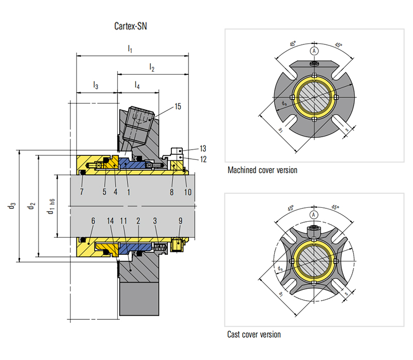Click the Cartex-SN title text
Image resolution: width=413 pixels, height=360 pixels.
pyautogui.click(x=131, y=26)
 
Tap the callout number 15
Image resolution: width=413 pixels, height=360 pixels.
pyautogui.click(x=178, y=107)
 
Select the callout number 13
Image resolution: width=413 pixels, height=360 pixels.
pyautogui.click(x=203, y=149)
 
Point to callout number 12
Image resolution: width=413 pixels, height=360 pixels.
pyautogui.click(x=203, y=159)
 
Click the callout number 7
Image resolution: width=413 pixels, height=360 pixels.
pyautogui.click(x=82, y=192)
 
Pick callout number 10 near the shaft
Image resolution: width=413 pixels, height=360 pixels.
pyautogui.click(x=188, y=192)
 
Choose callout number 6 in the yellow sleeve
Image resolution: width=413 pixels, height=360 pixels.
pyautogui.click(x=93, y=221)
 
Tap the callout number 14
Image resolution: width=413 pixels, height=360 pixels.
pyautogui.click(x=110, y=221)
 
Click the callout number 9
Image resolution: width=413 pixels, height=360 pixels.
pyautogui.click(x=180, y=221)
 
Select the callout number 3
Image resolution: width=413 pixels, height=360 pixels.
pyautogui.click(x=155, y=221)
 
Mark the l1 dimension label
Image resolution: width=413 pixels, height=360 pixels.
pyautogui.click(x=130, y=50)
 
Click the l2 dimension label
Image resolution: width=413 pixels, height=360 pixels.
pyautogui.click(x=152, y=67)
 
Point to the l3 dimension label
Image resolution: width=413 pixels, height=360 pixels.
pyautogui.click(x=96, y=85)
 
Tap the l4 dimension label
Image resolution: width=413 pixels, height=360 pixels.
pyautogui.click(x=137, y=85)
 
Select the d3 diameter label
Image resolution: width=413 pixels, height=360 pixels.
pyautogui.click(x=12, y=206)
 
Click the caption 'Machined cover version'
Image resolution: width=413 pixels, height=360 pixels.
pyautogui.click(x=262, y=170)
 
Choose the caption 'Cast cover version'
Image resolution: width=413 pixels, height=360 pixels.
pyautogui.click(x=254, y=335)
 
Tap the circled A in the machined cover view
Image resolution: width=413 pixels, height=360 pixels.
pyautogui.click(x=314, y=51)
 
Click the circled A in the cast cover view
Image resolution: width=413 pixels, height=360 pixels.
pyautogui.click(x=313, y=215)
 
